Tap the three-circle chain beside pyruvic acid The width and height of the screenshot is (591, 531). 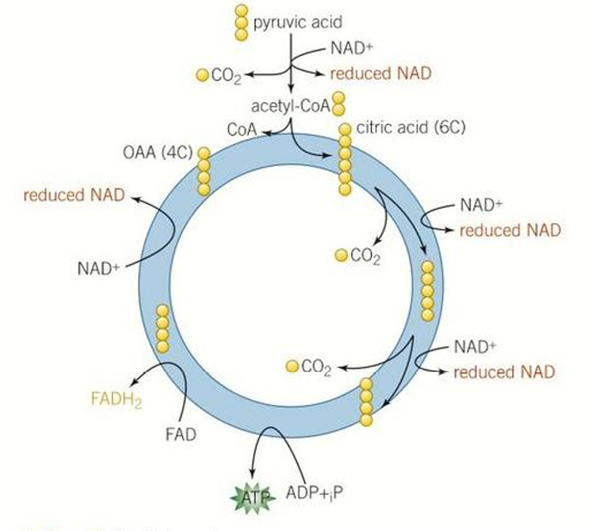pyautogui.click(x=241, y=22)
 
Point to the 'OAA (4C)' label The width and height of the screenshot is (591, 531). pyautogui.click(x=158, y=153)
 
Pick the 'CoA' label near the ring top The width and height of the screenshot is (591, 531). pyautogui.click(x=243, y=130)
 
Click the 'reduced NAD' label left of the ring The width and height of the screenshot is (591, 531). pyautogui.click(x=74, y=196)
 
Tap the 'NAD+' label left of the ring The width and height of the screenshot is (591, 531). pyautogui.click(x=98, y=268)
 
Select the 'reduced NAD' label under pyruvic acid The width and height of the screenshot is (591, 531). pyautogui.click(x=381, y=73)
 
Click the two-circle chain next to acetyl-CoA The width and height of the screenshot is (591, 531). pyautogui.click(x=339, y=104)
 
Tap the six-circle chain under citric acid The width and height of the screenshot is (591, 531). pyautogui.click(x=344, y=160)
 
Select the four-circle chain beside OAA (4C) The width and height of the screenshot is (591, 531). pyautogui.click(x=204, y=171)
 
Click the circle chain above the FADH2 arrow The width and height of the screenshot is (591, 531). pyautogui.click(x=162, y=328)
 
